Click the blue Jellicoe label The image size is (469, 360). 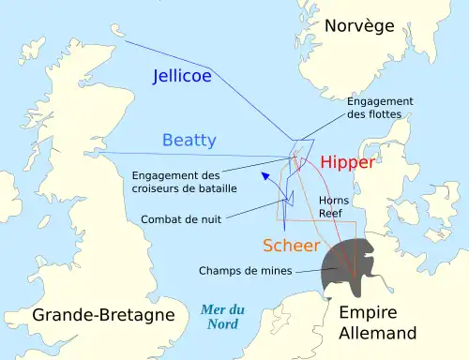[182, 76]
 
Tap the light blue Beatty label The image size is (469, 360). [189, 141]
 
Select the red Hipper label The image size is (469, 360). [347, 162]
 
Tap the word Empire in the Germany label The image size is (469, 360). [368, 314]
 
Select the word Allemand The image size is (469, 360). [378, 334]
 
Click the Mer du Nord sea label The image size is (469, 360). [222, 318]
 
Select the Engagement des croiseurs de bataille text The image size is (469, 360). [184, 182]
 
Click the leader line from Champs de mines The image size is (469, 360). [310, 272]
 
